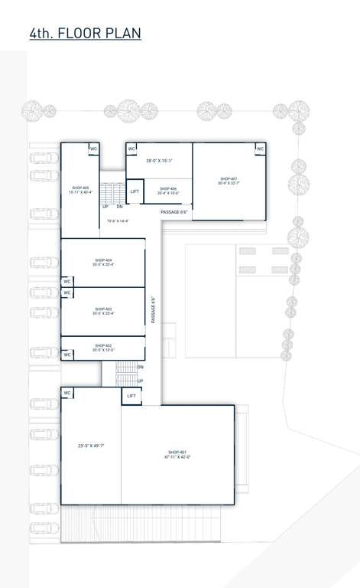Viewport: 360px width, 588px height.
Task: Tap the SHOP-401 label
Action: (177, 452)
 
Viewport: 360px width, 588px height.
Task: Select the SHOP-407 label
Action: (228, 178)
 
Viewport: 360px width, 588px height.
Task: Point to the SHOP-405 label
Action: (80, 188)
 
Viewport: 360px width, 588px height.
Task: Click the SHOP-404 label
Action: (103, 260)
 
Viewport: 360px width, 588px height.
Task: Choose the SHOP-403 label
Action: (103, 309)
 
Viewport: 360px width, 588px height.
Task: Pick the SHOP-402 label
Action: (103, 345)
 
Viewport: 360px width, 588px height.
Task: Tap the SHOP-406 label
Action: (167, 188)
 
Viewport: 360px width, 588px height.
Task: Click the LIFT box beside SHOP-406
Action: (135, 191)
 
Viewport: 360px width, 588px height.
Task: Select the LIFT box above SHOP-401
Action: (131, 396)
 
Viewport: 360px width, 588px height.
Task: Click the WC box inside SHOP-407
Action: (260, 149)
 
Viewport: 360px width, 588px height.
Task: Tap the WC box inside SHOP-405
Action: (94, 149)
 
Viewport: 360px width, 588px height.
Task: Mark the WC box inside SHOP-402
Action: (67, 354)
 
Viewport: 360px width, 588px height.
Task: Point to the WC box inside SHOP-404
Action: (67, 282)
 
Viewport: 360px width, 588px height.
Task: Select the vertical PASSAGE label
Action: (154, 310)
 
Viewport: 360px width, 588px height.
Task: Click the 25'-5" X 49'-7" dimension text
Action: (92, 446)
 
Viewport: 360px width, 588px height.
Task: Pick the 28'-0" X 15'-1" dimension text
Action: (160, 161)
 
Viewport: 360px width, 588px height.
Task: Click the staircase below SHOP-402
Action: (126, 374)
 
